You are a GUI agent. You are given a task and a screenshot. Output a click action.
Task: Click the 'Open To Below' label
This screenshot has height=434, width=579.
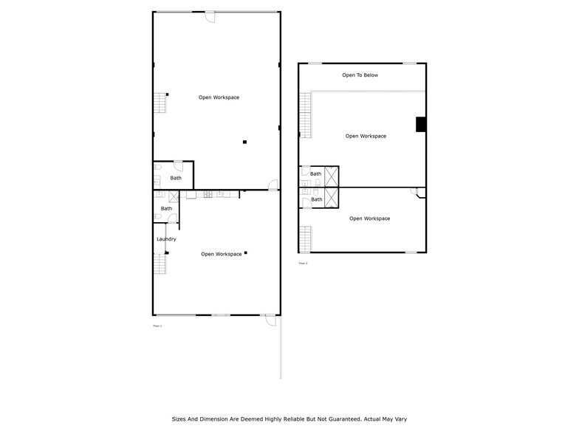click(x=360, y=75)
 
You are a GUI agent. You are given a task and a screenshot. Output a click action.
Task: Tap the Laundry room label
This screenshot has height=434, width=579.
click(x=166, y=239)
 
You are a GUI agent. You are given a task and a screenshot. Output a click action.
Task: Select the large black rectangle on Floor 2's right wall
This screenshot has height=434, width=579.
click(x=421, y=124)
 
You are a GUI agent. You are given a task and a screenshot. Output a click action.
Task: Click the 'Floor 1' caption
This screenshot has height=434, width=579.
click(x=157, y=325)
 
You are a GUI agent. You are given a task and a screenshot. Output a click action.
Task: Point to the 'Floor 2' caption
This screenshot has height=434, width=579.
click(x=303, y=263)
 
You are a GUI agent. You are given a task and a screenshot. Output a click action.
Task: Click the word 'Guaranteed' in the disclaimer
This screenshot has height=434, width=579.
click(x=335, y=418)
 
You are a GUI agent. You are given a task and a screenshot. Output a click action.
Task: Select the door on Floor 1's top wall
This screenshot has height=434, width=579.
click(x=210, y=16)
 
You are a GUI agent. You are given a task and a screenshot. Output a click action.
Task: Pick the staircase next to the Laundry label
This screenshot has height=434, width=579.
click(x=159, y=263)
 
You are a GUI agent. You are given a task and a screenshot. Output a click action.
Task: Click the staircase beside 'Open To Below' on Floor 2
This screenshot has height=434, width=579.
click(x=305, y=115)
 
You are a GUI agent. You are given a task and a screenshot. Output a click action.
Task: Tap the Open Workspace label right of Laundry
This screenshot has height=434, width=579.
click(x=221, y=254)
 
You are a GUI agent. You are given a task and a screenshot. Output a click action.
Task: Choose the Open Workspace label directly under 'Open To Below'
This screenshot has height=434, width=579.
click(x=366, y=136)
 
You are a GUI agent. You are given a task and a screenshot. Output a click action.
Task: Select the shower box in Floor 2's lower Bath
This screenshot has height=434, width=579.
click(x=332, y=197)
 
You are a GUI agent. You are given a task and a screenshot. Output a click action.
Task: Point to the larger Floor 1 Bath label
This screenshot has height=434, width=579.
click(x=176, y=178)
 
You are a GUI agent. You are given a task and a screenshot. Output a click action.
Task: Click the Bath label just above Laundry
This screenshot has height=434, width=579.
click(x=166, y=208)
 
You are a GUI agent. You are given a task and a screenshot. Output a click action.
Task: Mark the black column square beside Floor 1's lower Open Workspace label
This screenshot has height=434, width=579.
click(x=246, y=252)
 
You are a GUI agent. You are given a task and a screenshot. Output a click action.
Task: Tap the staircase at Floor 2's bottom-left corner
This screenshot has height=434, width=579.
click(x=305, y=238)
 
